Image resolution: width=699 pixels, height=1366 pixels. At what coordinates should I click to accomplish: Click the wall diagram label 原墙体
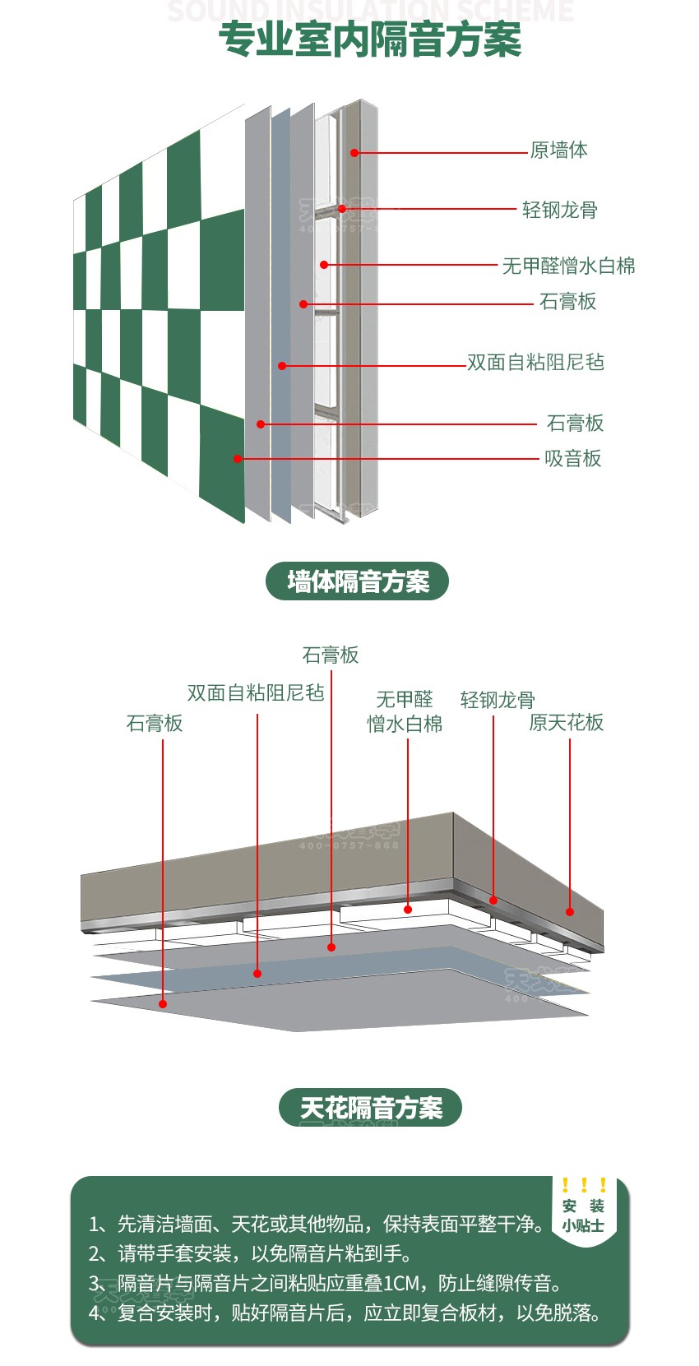(558, 150)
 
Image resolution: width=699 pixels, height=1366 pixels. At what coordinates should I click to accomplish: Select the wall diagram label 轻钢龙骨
(559, 211)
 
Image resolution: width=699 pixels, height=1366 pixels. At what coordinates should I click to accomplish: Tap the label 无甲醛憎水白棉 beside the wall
(568, 266)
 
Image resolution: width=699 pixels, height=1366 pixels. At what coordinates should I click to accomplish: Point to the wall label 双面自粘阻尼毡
(535, 363)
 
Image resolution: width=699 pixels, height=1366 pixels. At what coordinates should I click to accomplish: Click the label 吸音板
(572, 459)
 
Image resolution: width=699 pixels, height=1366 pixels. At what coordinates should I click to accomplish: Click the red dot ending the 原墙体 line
(354, 153)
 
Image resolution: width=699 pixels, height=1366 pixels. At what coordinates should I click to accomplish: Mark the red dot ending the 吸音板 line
(238, 459)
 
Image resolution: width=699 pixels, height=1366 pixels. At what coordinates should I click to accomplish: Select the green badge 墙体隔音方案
(357, 581)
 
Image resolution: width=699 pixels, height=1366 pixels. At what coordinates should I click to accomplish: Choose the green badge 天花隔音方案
(370, 1108)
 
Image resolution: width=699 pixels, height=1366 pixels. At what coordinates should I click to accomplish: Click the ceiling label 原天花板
(566, 723)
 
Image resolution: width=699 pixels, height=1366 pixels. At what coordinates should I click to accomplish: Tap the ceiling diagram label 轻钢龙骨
(497, 700)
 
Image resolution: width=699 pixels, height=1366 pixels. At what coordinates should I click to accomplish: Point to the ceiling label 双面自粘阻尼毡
(256, 693)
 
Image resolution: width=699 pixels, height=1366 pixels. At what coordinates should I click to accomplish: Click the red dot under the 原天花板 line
(570, 911)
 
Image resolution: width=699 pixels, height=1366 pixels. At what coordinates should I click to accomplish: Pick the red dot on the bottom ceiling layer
(163, 1003)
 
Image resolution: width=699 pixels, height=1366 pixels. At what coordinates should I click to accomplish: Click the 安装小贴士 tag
(583, 1215)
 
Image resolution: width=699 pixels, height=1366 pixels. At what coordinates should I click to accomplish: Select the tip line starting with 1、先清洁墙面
(317, 1225)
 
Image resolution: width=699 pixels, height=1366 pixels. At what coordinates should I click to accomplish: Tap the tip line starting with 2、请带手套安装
(250, 1254)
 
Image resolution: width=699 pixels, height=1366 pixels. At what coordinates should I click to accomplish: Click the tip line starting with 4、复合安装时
(345, 1313)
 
